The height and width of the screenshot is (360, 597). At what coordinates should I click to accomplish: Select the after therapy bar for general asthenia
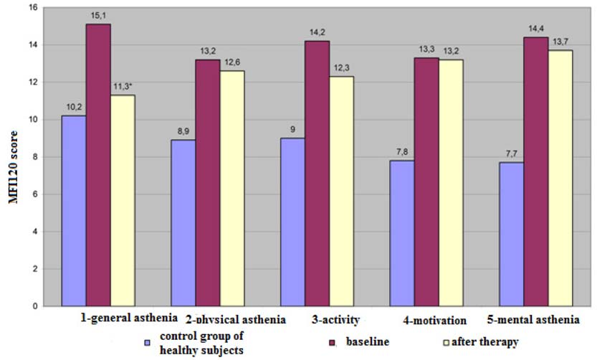click(x=123, y=201)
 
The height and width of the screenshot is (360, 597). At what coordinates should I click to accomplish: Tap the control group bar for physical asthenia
click(x=183, y=223)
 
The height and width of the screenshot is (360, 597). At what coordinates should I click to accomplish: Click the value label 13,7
click(x=561, y=43)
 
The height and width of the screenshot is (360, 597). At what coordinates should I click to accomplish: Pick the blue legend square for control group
click(x=147, y=343)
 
